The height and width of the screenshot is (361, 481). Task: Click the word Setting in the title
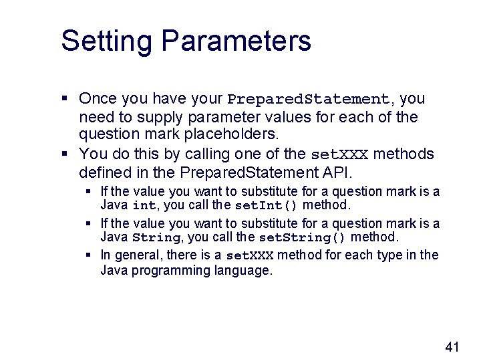[x=106, y=41]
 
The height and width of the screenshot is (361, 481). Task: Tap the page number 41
[x=452, y=346]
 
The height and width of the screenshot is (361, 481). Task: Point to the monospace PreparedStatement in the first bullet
[x=308, y=100]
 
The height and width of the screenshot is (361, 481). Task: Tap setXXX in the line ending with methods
[x=339, y=155]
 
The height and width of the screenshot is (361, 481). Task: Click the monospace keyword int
[x=144, y=205]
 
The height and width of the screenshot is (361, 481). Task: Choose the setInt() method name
[x=267, y=205]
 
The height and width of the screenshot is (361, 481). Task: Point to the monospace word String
[x=156, y=237]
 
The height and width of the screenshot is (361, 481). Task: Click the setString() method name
[x=302, y=237]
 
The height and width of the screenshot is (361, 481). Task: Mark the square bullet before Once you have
[x=65, y=99]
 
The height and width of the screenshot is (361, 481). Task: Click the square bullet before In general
[x=89, y=255]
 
